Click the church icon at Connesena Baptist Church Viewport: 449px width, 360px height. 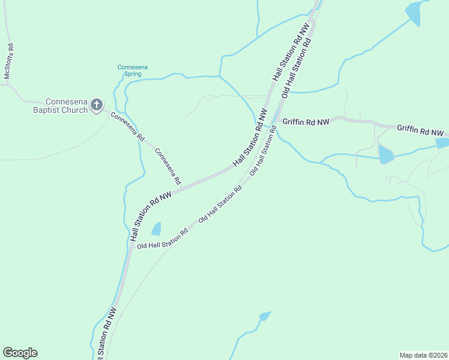(x=97, y=106)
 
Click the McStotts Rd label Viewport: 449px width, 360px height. (x=8, y=61)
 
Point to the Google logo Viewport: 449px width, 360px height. (x=20, y=353)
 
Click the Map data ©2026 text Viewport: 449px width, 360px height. (x=423, y=355)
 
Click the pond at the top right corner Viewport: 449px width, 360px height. (x=414, y=13)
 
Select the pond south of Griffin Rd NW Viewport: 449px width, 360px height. (x=385, y=155)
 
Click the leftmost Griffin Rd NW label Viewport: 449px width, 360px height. (x=306, y=121)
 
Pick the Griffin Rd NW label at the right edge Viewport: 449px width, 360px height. (x=420, y=130)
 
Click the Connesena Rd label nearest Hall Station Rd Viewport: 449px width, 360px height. (x=168, y=166)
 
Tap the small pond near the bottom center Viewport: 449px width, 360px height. (x=264, y=316)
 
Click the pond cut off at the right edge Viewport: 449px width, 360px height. (x=442, y=143)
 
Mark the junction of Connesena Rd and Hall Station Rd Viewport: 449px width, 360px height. (x=182, y=187)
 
